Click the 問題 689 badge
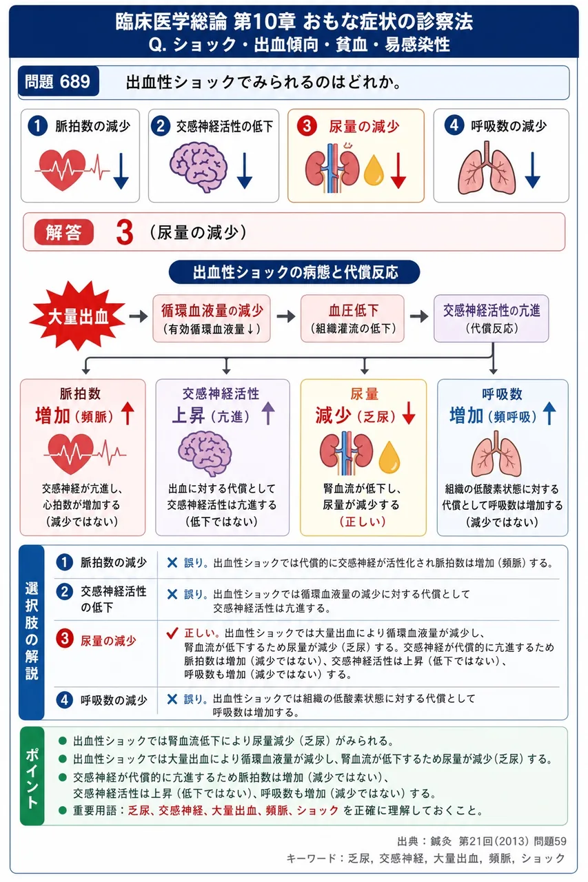(59, 81)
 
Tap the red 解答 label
(64, 232)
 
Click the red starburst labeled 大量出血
(78, 316)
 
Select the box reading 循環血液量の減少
(212, 318)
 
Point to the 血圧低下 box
(352, 318)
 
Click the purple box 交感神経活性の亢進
(491, 318)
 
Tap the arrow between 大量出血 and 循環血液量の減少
(139, 316)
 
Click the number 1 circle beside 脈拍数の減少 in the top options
(37, 126)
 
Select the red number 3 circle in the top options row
(307, 126)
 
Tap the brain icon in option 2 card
(199, 167)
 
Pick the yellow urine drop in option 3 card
(374, 170)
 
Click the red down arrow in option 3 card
(398, 170)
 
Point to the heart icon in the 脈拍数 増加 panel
(71, 453)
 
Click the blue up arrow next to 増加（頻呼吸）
(549, 413)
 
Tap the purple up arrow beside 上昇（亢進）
(268, 413)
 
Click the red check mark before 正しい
(172, 633)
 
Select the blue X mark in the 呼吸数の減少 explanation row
(172, 699)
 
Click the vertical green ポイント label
(32, 776)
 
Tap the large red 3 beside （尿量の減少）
(125, 232)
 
